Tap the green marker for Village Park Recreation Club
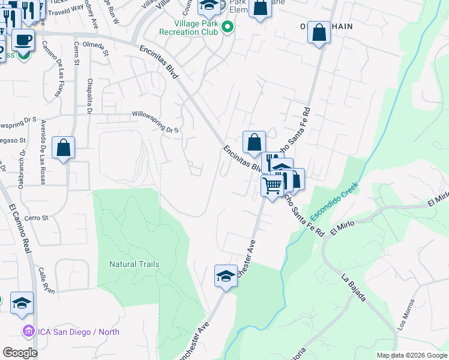pyautogui.click(x=228, y=26)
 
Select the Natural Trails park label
pyautogui.click(x=134, y=264)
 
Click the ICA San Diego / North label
pyautogui.click(x=79, y=332)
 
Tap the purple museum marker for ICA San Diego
pyautogui.click(x=28, y=331)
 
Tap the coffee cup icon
pyautogui.click(x=23, y=40)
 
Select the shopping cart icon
pyautogui.click(x=273, y=186)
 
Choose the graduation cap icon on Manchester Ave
pyautogui.click(x=226, y=276)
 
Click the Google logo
pyautogui.click(x=20, y=353)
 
